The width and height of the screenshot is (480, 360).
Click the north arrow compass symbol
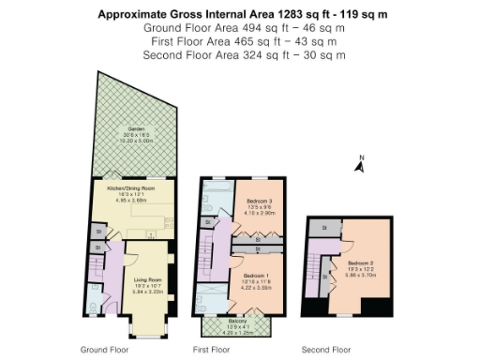(359, 165)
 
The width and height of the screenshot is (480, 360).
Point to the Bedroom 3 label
(260, 201)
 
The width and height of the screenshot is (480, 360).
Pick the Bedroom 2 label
(366, 263)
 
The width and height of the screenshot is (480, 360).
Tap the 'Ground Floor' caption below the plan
(103, 349)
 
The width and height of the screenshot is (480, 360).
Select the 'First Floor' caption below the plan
(212, 349)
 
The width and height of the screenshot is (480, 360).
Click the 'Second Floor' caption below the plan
(325, 349)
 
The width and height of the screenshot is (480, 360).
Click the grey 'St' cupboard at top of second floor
(324, 227)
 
